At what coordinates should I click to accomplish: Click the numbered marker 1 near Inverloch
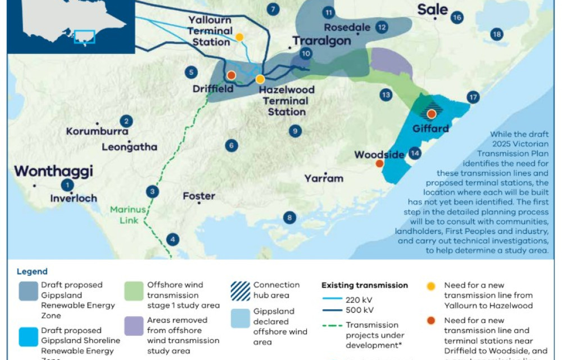pyautogui.click(x=67, y=185)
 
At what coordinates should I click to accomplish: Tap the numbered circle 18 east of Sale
pyautogui.click(x=496, y=34)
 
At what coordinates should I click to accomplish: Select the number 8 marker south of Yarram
pyautogui.click(x=289, y=218)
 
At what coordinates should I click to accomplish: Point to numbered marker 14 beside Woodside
pyautogui.click(x=415, y=152)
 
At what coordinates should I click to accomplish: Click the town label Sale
pyautogui.click(x=433, y=10)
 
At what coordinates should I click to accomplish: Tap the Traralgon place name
pyautogui.click(x=321, y=41)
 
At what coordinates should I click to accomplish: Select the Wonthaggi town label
pyautogui.click(x=53, y=171)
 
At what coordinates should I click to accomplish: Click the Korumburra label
pyautogui.click(x=93, y=132)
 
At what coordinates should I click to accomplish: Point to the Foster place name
pyautogui.click(x=199, y=196)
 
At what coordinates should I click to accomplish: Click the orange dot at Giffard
pyautogui.click(x=432, y=114)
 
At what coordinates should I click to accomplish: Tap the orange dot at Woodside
pyautogui.click(x=379, y=163)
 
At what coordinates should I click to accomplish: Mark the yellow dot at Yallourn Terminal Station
pyautogui.click(x=239, y=37)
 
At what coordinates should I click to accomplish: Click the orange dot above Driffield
pyautogui.click(x=231, y=75)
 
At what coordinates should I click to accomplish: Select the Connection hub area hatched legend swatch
pyautogui.click(x=241, y=290)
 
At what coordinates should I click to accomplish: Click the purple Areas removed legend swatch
pyautogui.click(x=134, y=326)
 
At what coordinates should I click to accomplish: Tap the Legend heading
pyautogui.click(x=32, y=272)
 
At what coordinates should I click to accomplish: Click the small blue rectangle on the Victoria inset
pyautogui.click(x=85, y=37)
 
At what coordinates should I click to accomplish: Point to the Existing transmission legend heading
pyautogui.click(x=365, y=285)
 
